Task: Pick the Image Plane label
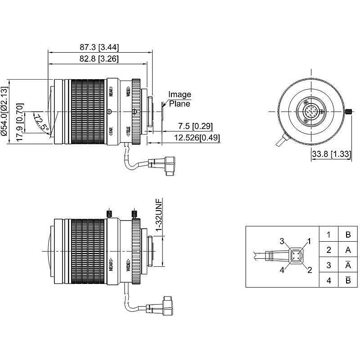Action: (180, 99)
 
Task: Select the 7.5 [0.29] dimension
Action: (195, 126)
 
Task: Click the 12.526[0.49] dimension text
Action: (194, 138)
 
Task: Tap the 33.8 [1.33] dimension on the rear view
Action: (331, 155)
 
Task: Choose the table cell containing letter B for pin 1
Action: (348, 234)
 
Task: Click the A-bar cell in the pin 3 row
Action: (348, 265)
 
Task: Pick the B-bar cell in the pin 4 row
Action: (348, 280)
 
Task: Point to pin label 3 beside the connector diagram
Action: (282, 242)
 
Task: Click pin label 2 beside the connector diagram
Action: (310, 270)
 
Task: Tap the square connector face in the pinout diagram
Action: (296, 256)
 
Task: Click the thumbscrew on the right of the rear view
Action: (349, 111)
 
